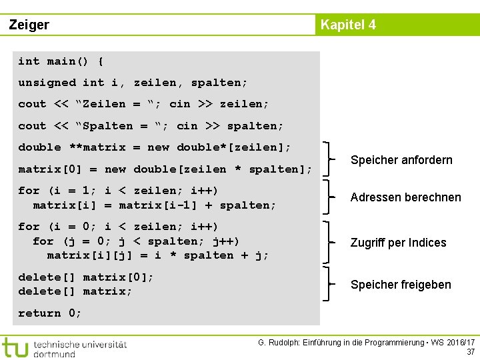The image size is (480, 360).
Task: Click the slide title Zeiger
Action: click(x=29, y=25)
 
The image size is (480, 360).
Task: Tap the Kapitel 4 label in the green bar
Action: click(x=348, y=25)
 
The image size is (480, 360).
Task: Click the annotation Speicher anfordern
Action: click(x=401, y=160)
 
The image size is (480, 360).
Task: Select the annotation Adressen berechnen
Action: click(x=405, y=197)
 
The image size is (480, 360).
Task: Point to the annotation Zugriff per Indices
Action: click(x=398, y=243)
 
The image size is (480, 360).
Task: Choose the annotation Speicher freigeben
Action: click(x=401, y=285)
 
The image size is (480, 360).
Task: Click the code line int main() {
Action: click(x=61, y=61)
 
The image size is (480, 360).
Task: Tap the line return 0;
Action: click(x=50, y=313)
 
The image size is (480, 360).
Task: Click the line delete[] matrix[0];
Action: click(x=86, y=277)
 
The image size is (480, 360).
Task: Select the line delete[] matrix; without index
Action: click(x=75, y=291)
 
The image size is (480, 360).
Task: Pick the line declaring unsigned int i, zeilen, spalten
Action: click(x=133, y=83)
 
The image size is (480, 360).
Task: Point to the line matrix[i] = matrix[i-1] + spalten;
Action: click(x=154, y=205)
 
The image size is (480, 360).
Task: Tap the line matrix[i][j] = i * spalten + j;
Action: click(x=158, y=255)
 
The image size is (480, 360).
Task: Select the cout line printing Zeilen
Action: click(x=143, y=104)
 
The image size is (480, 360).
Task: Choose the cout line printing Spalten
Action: click(x=151, y=126)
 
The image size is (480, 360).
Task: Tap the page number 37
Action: click(x=471, y=352)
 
